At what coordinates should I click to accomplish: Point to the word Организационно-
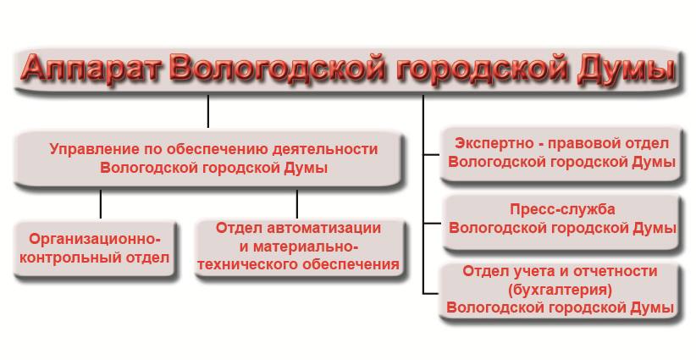pyautogui.click(x=95, y=239)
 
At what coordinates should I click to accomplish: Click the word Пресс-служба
pyautogui.click(x=562, y=209)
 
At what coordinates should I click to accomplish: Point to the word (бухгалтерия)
pyautogui.click(x=561, y=290)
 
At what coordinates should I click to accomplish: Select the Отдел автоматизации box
pyautogui.click(x=300, y=248)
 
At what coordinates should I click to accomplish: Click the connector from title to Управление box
pyautogui.click(x=208, y=111)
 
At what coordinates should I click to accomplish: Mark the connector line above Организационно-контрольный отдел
pyautogui.click(x=101, y=204)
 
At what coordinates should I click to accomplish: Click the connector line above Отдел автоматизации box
pyautogui.click(x=297, y=204)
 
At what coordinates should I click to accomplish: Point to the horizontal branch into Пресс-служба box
pyautogui.click(x=432, y=224)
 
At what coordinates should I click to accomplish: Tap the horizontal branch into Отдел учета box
pyautogui.click(x=432, y=293)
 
